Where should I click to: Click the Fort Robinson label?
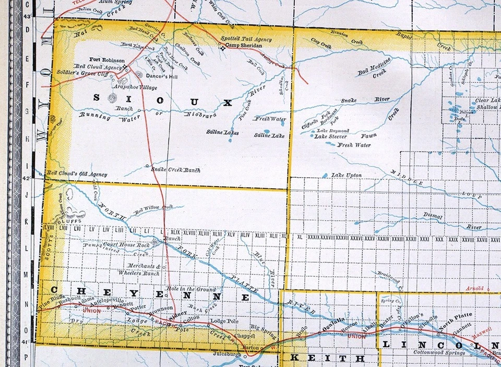coord(106,59)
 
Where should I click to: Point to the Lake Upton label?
coord(347,176)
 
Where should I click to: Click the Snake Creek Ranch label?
coord(175,170)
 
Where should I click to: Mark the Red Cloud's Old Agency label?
coord(77,174)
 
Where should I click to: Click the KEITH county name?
coord(327,358)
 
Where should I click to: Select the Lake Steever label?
coord(331,137)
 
